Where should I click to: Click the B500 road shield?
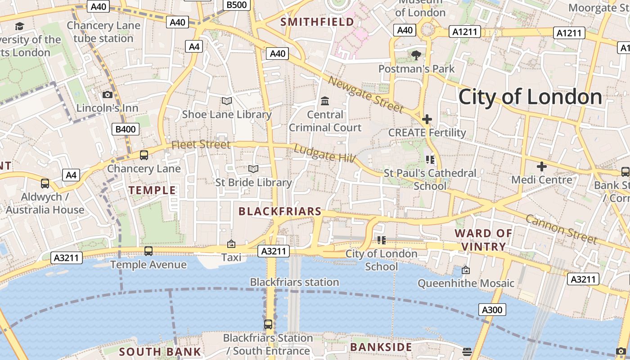point(237,4)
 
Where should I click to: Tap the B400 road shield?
point(126,130)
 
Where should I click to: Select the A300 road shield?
point(492,310)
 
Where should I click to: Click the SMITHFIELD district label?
point(317,22)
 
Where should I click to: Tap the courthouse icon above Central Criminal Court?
point(324,101)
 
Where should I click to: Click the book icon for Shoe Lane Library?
point(227,101)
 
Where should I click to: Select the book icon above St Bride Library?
point(253,169)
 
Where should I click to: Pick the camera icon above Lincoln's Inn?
point(107,94)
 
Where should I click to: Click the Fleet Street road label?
point(201,144)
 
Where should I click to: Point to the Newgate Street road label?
point(366,94)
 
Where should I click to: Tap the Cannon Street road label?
point(561,229)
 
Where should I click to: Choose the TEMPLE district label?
point(152,190)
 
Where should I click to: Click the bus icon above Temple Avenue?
point(148,251)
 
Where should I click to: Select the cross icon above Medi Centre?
point(542,166)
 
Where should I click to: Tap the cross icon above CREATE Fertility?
point(427,119)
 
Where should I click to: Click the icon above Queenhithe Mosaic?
point(466,270)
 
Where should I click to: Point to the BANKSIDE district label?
point(381,347)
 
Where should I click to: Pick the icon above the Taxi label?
point(231,244)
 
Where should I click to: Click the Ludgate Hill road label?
point(324,153)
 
